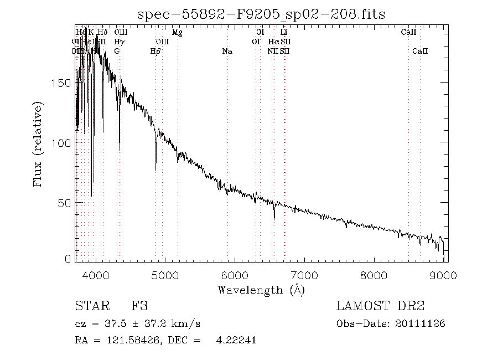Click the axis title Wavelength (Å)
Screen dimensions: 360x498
261,290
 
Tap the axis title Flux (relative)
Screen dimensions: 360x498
39,144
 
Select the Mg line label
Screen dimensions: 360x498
177,33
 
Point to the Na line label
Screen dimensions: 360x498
227,52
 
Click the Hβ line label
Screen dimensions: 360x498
155,52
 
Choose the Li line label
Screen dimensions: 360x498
284,33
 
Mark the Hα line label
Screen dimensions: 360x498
273,42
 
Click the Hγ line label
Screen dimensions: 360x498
119,42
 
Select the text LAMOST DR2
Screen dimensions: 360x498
380,306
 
